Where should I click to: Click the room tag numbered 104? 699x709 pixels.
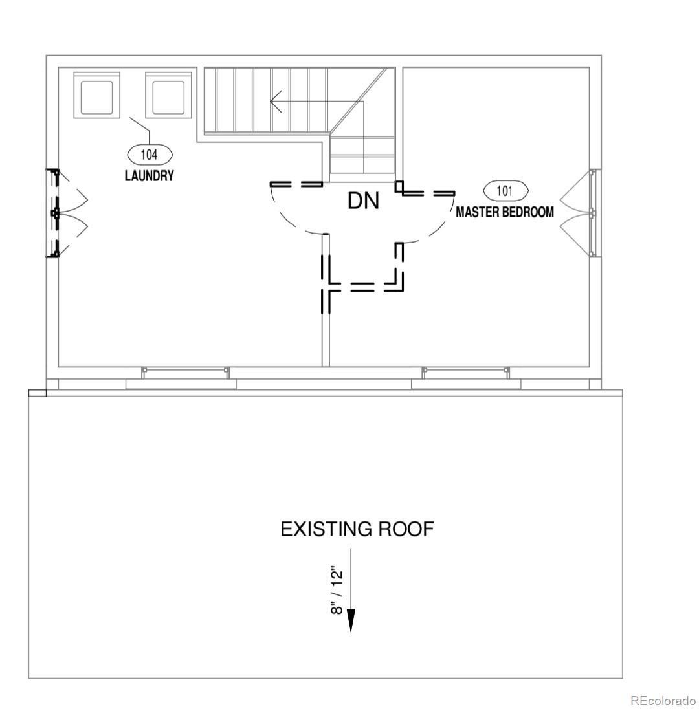[x=150, y=155]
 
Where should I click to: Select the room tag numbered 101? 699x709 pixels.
[x=505, y=191]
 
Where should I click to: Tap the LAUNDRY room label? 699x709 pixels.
[x=149, y=175]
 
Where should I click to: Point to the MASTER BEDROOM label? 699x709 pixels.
[x=505, y=212]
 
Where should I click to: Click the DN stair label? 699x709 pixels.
[x=363, y=201]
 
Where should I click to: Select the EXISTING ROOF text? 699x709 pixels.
[x=357, y=529]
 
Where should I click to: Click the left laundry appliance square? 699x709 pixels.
[x=97, y=96]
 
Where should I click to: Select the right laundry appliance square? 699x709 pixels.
[x=168, y=96]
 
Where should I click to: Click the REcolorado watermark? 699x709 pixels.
[x=663, y=701]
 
